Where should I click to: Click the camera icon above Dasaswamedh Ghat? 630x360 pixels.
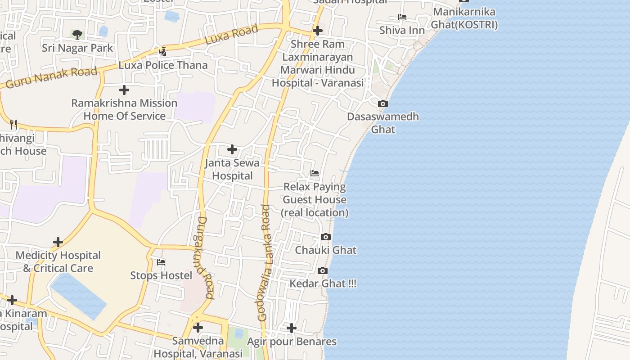point(383,104)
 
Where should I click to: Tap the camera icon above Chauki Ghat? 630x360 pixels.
point(326,237)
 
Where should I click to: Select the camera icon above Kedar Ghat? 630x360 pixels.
point(323,270)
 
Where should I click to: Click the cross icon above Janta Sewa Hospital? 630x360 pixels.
point(232,149)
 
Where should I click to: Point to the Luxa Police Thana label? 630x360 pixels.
point(163,65)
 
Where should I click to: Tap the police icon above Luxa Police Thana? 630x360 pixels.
point(163,52)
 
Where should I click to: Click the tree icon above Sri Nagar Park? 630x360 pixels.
point(77,34)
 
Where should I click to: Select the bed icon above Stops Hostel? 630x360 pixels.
point(161,262)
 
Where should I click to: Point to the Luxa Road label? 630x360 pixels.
point(231,34)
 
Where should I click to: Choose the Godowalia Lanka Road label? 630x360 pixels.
point(266,263)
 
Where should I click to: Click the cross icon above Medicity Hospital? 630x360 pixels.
point(58,242)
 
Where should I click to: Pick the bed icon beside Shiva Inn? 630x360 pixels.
point(402,18)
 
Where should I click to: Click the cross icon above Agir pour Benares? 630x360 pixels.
point(292,328)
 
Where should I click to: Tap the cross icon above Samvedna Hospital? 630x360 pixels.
point(198,328)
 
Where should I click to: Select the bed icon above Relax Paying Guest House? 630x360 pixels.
point(315,173)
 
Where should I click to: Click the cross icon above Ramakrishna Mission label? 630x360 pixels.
point(124,90)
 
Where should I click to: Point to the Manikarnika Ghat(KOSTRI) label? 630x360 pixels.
point(464,18)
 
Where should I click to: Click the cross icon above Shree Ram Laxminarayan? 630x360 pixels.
point(318,31)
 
